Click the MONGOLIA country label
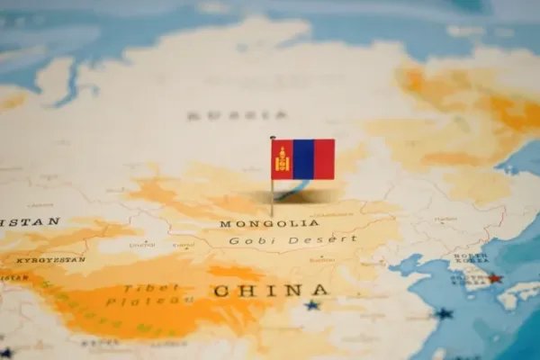pos(269,223)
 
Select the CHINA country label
pos(270,290)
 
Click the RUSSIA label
pos(238,115)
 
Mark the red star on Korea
pos(494,278)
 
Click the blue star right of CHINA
pos(311,305)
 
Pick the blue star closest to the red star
pos(444,314)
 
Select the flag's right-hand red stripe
pos(323,159)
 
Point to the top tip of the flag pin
pos(272,138)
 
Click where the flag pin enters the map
pos(273,216)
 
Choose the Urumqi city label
pos(141,245)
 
